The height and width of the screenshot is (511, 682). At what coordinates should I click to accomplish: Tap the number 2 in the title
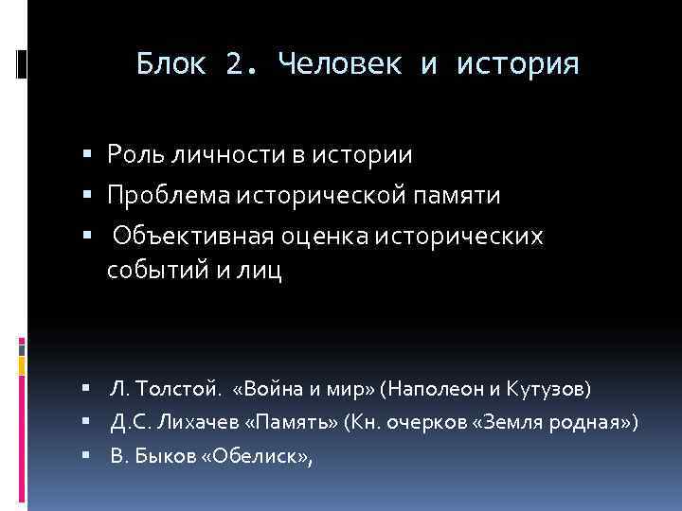pyautogui.click(x=236, y=64)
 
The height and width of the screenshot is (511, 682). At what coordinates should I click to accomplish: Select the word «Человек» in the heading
pyautogui.click(x=332, y=64)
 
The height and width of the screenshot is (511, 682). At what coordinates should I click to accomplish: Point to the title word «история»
pyautogui.click(x=517, y=64)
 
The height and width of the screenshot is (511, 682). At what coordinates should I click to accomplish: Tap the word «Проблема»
pyautogui.click(x=162, y=195)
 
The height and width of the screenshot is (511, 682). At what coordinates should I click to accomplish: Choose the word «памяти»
pyautogui.click(x=461, y=195)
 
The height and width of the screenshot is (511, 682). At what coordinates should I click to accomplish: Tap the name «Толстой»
pyautogui.click(x=179, y=389)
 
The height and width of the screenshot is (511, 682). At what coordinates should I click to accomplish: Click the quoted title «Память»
pyautogui.click(x=298, y=422)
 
